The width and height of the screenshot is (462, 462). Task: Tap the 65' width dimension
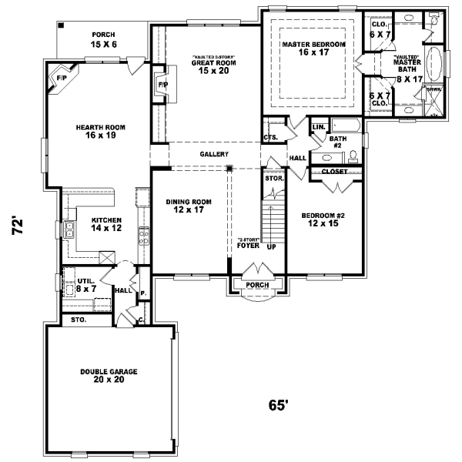pos(278,405)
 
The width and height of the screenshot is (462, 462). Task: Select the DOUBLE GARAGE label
pos(109,376)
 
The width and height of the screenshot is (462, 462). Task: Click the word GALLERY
pos(214,154)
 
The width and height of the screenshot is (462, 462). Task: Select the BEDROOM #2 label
pos(323,219)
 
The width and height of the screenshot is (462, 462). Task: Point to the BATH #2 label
pos(337,142)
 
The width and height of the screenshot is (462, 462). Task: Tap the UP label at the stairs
pos(270,248)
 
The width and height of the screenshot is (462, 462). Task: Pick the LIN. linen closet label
pos(317,126)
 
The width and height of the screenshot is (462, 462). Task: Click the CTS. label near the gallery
pos(270,137)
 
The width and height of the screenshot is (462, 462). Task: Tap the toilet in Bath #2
pos(353,156)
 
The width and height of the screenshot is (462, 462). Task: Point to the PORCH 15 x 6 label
pos(103,40)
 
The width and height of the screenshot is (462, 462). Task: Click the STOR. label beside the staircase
pos(274,179)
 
